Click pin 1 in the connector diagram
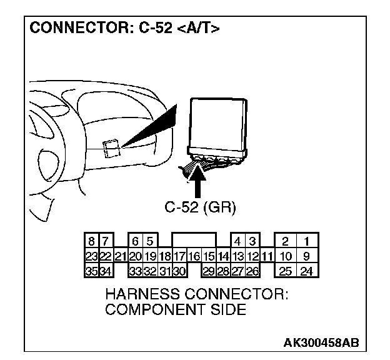[307, 241]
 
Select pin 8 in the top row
[91, 241]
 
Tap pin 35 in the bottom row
[91, 270]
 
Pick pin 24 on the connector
[307, 270]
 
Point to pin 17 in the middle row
[179, 256]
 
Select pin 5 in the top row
[150, 241]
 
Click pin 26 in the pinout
[252, 270]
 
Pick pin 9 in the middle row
[307, 256]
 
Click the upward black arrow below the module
[197, 182]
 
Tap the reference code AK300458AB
[321, 343]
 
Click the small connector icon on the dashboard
[111, 147]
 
